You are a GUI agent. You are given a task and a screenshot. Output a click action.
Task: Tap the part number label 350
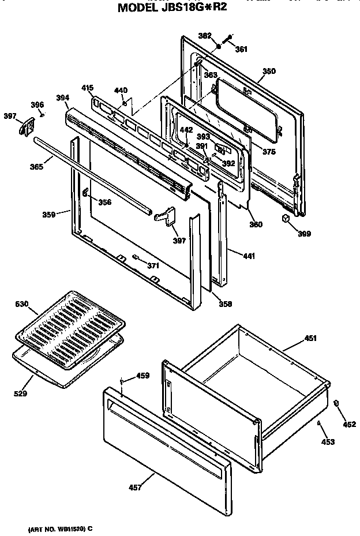pyautogui.click(x=269, y=71)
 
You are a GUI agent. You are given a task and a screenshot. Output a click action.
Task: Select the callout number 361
pyautogui.click(x=241, y=49)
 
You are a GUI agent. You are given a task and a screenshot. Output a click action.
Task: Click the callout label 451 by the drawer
pyautogui.click(x=310, y=339)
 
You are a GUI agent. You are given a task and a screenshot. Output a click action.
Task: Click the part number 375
pyautogui.click(x=269, y=152)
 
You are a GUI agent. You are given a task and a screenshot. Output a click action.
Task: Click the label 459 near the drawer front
pyautogui.click(x=142, y=376)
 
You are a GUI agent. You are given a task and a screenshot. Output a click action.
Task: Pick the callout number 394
pyautogui.click(x=62, y=98)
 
